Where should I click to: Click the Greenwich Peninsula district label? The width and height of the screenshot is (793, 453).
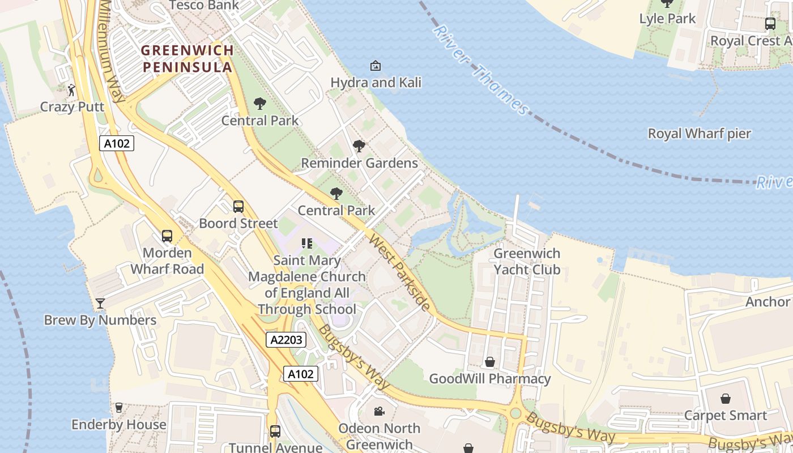click(187, 59)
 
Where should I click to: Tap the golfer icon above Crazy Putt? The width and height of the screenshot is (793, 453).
click(71, 90)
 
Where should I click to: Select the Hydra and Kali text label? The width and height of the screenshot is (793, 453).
click(376, 83)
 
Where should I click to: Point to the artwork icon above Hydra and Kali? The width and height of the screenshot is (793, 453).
click(375, 66)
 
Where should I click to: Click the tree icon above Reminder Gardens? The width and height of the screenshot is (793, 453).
click(359, 146)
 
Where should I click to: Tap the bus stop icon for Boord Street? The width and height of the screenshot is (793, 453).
click(238, 207)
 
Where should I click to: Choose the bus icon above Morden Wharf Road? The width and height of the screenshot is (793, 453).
click(167, 236)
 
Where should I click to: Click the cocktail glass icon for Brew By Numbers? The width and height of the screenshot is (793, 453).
click(100, 304)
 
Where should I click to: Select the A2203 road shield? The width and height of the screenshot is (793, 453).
click(286, 340)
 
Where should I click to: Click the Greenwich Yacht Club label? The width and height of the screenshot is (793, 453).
click(527, 262)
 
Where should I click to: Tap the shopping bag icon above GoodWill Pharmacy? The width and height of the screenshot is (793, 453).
click(490, 362)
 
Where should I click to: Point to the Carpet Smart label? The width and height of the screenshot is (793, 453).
click(725, 416)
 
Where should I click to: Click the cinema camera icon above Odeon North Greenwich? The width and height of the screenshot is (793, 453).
click(379, 411)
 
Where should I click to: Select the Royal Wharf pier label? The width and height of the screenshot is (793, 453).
click(699, 134)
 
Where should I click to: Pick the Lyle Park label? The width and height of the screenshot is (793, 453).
click(667, 19)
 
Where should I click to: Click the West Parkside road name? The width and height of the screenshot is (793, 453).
click(399, 272)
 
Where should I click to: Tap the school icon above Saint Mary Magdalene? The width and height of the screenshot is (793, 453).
click(307, 244)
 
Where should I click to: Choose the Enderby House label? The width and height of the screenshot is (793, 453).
click(119, 425)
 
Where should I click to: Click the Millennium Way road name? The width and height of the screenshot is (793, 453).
click(112, 51)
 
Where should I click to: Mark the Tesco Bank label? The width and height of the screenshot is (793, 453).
click(204, 6)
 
